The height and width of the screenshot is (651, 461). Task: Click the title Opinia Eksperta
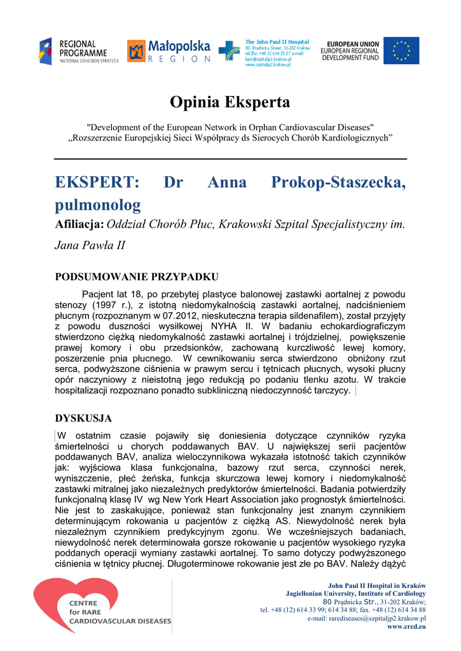point(230,102)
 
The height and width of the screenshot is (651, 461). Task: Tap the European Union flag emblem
point(401,51)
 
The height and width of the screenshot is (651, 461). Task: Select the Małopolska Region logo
point(169,51)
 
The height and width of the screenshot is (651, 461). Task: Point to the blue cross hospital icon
point(229,51)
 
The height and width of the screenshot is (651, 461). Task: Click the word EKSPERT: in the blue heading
point(97,182)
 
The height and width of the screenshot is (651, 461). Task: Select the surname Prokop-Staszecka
point(338,182)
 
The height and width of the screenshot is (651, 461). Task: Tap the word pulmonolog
point(98,205)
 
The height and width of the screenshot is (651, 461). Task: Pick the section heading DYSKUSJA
point(83,418)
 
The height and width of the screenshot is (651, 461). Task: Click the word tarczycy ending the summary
point(332,391)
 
